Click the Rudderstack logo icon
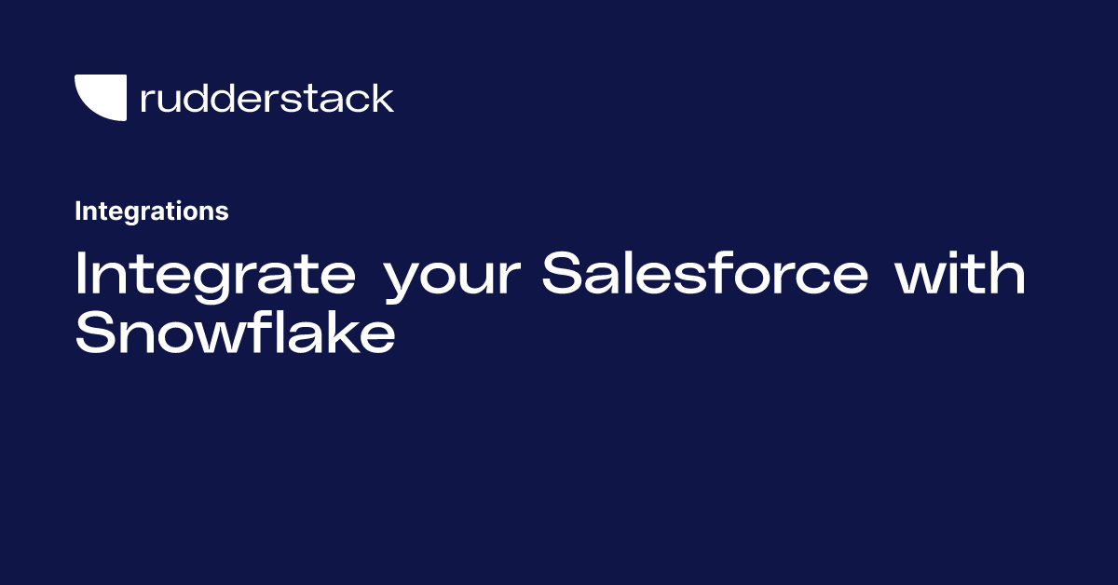(100, 98)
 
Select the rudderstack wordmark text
(266, 98)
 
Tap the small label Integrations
(151, 211)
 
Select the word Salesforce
(705, 275)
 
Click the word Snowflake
(235, 333)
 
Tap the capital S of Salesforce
(566, 275)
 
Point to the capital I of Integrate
(81, 275)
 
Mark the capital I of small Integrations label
(78, 211)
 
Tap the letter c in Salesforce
(816, 279)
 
